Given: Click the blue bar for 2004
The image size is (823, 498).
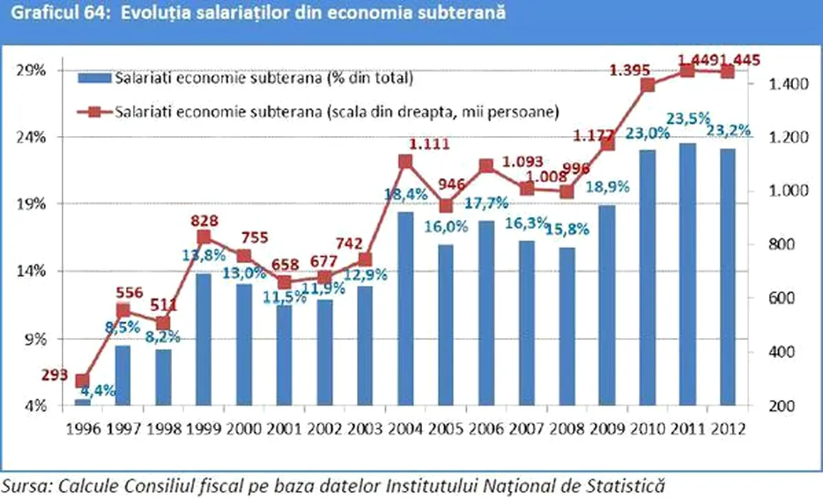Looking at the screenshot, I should click(x=405, y=309).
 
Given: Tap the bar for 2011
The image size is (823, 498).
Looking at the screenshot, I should click(x=687, y=275).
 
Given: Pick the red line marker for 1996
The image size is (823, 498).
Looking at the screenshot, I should click(x=82, y=381).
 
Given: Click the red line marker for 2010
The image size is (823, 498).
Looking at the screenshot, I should click(x=647, y=85).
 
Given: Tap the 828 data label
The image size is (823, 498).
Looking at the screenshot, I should click(x=204, y=221).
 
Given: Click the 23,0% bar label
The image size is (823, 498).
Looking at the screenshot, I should click(x=647, y=134).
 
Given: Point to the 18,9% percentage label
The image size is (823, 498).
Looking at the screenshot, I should click(x=606, y=189).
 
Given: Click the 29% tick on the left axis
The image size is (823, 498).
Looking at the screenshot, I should click(x=33, y=70).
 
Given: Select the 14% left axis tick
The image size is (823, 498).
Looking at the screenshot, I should click(x=33, y=271).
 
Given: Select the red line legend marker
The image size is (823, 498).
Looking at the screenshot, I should click(x=94, y=112).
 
